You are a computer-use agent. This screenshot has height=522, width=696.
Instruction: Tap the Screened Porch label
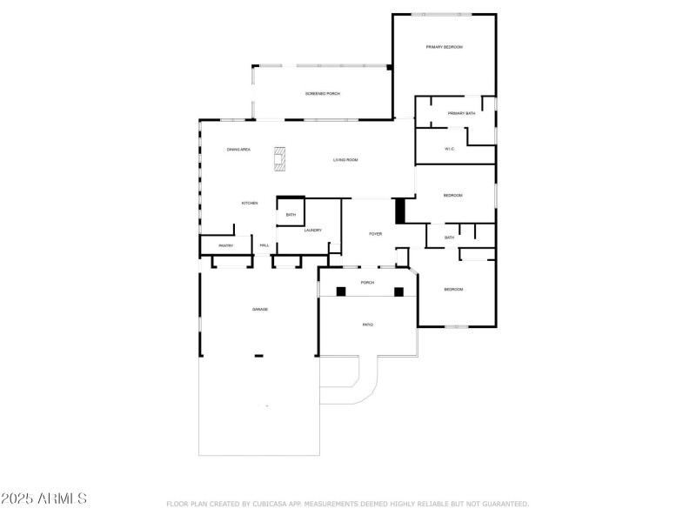point(322,93)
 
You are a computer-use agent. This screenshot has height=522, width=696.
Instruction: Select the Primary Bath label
point(461,114)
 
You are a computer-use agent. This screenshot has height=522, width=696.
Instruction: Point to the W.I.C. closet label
point(449,149)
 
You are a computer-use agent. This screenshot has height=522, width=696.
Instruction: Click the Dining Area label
point(239,150)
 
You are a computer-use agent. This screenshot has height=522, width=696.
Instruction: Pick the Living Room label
point(345,160)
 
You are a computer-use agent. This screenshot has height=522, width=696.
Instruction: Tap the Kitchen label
point(250,203)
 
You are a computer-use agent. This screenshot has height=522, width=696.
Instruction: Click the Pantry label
point(225,245)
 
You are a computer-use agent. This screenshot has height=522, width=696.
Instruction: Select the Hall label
point(264,245)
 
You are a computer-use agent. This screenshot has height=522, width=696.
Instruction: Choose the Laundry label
point(313,231)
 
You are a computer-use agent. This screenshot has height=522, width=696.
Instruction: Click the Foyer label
point(376,234)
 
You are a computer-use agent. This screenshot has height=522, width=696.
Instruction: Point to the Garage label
point(260,310)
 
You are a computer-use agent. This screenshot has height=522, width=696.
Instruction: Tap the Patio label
point(368,325)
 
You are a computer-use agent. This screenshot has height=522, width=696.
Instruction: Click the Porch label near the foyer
point(368,283)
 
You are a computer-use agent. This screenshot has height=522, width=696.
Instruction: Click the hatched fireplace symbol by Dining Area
point(280,159)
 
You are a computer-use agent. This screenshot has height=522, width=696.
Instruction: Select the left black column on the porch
point(341,291)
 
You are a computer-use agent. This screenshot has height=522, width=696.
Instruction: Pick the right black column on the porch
point(399,291)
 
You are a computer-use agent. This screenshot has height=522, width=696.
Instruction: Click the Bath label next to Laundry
point(291,215)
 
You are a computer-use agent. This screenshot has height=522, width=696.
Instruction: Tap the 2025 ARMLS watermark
point(43,499)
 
